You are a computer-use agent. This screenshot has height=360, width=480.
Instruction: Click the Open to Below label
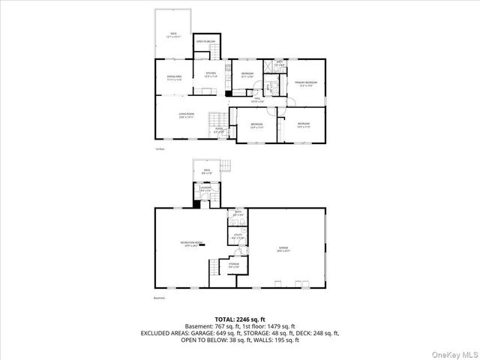click(x=205, y=41)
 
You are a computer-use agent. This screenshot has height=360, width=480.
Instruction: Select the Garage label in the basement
click(x=284, y=248)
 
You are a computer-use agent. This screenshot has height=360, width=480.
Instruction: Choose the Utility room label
click(x=237, y=235)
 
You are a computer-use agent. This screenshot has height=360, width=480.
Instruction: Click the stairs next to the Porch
click(x=216, y=120)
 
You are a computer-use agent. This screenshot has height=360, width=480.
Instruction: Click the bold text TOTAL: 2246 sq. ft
click(x=240, y=319)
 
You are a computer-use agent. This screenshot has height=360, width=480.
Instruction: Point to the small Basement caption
click(x=159, y=298)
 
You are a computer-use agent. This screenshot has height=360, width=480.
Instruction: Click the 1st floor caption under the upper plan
click(x=159, y=148)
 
